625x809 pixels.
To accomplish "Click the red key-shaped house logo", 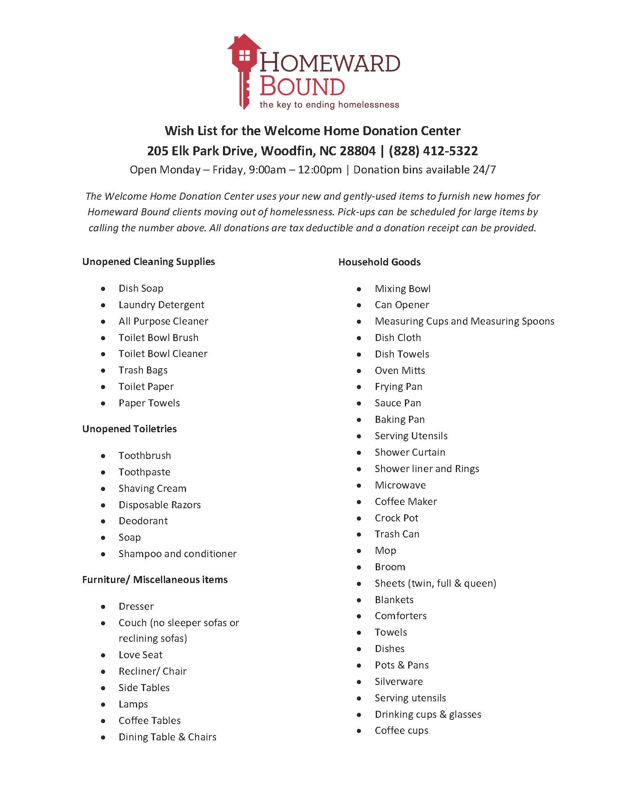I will (243, 70).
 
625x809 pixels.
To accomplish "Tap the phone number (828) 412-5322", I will (433, 151).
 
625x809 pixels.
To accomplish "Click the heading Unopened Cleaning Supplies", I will (148, 262).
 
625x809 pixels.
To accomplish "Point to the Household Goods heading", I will (379, 262).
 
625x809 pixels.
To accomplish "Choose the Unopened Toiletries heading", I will (129, 429).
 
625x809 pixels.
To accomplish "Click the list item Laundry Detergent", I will (161, 305).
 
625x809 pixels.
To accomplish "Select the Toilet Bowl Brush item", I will (158, 338).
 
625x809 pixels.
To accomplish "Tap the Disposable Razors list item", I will (159, 505).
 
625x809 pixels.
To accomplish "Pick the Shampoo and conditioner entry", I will (177, 554).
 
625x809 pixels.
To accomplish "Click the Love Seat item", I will (140, 655).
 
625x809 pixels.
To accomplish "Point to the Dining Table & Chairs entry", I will (167, 737).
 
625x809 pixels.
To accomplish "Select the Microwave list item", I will (400, 485).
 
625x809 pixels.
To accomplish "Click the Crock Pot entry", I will (396, 518).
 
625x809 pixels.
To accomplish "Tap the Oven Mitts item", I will (400, 371).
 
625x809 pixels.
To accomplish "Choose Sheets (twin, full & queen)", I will (435, 583).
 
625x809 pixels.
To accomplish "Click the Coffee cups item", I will (401, 731).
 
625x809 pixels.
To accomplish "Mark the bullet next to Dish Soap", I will (103, 289).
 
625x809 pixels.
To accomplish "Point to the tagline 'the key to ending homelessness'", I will (329, 105).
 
